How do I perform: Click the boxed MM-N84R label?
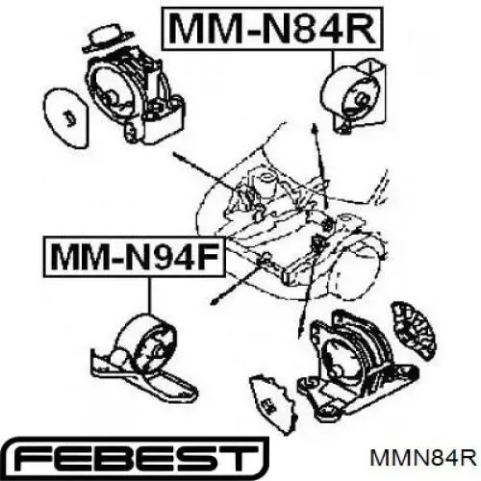[x=272, y=29]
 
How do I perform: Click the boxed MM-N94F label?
[x=134, y=256]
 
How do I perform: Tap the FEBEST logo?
[x=135, y=458]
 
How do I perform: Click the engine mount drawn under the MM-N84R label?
[x=354, y=95]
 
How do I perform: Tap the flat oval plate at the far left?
[x=66, y=117]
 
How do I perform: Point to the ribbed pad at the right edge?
[x=413, y=330]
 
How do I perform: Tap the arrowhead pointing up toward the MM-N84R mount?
[x=316, y=128]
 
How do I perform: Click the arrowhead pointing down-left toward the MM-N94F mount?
[x=215, y=300]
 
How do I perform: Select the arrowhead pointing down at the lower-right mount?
[x=300, y=330]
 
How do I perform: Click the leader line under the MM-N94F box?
[x=149, y=295]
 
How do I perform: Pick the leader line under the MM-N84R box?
[x=334, y=61]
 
